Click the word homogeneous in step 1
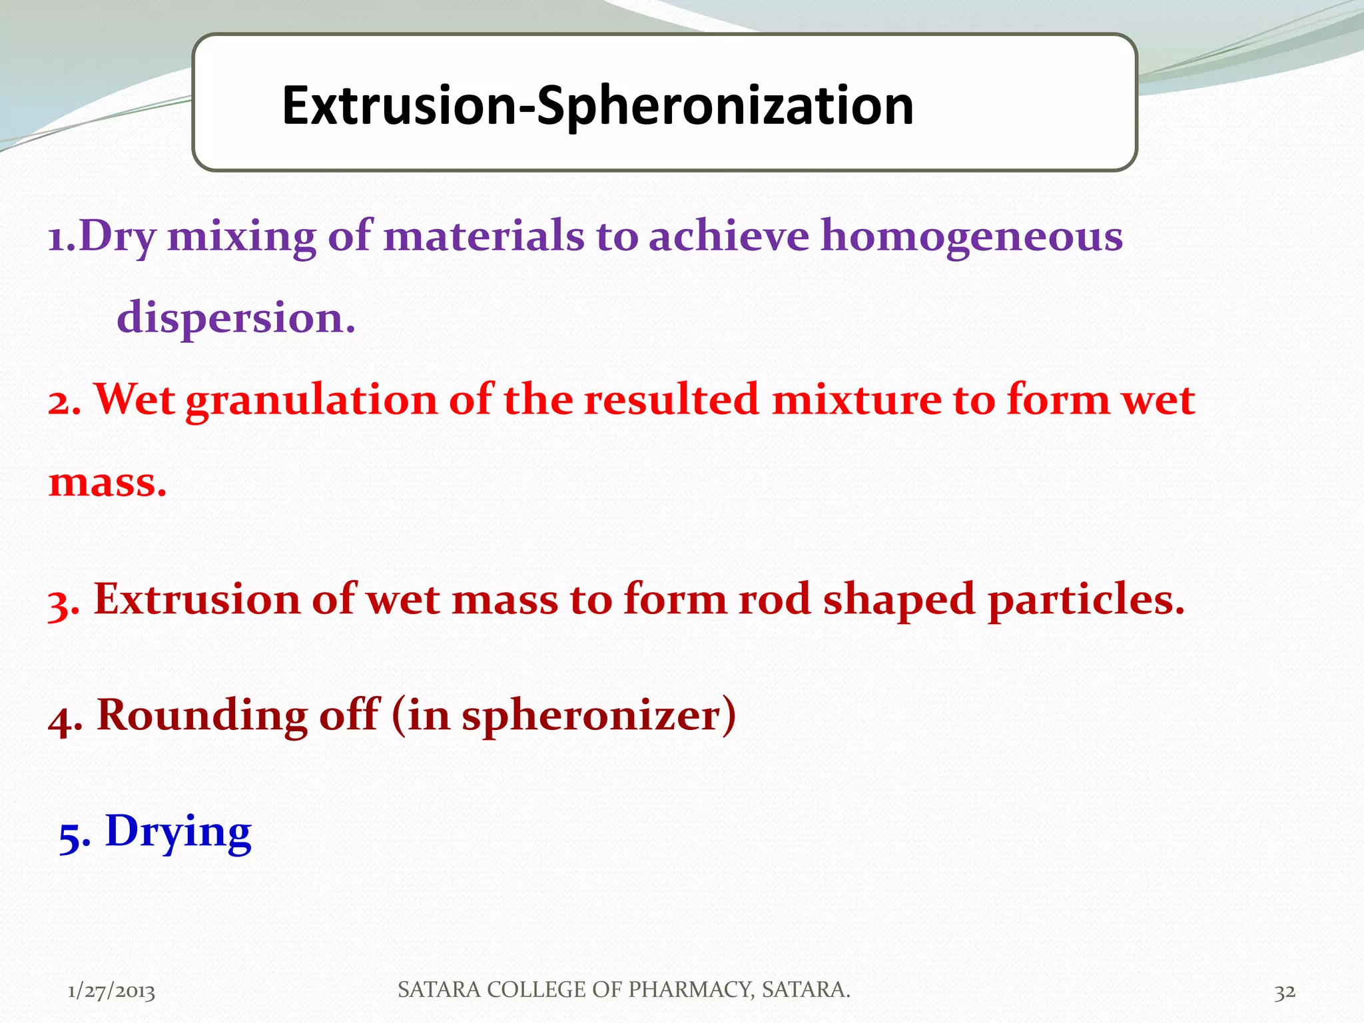tap(971, 237)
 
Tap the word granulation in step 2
tap(311, 400)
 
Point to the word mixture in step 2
tap(856, 400)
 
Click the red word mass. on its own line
tap(107, 482)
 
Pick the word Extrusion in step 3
tap(197, 599)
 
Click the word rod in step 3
tap(774, 599)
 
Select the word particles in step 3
tap(1086, 599)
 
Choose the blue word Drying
tap(178, 832)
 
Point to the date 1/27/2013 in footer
tap(111, 992)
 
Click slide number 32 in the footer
tap(1285, 992)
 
